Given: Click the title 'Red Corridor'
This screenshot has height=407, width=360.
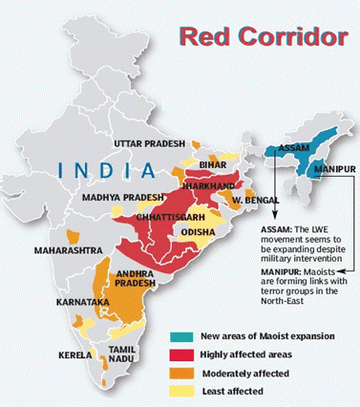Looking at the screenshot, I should (263, 38).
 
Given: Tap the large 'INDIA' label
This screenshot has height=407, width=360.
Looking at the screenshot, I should (108, 170).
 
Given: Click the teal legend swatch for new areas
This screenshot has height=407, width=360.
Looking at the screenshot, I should (185, 335).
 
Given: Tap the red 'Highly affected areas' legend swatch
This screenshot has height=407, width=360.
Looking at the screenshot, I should (185, 353).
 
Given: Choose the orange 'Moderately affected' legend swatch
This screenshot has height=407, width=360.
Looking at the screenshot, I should (185, 372).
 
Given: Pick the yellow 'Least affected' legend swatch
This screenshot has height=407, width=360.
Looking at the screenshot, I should (185, 390).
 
